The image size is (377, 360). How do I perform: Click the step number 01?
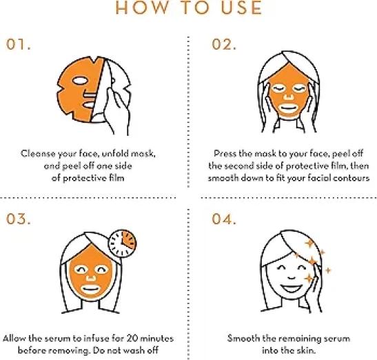click(x=19, y=45)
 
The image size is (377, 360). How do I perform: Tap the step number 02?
click(x=224, y=45)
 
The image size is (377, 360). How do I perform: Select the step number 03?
click(x=19, y=219)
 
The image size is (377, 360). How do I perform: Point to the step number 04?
click(x=224, y=219)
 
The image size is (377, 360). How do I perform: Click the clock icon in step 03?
click(x=123, y=243)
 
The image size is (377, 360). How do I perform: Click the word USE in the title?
click(x=241, y=8)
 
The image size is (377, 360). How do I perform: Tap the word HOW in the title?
click(x=142, y=8)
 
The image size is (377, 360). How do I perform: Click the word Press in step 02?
click(x=225, y=154)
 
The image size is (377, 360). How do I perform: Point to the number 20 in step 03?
click(x=132, y=339)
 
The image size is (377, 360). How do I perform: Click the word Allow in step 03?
click(x=14, y=339)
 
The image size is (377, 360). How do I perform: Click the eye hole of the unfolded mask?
click(x=80, y=81)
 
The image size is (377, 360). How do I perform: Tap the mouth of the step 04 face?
click(x=292, y=288)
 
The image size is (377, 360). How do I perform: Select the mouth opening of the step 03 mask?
click(x=90, y=289)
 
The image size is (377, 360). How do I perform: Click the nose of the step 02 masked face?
click(x=289, y=97)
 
